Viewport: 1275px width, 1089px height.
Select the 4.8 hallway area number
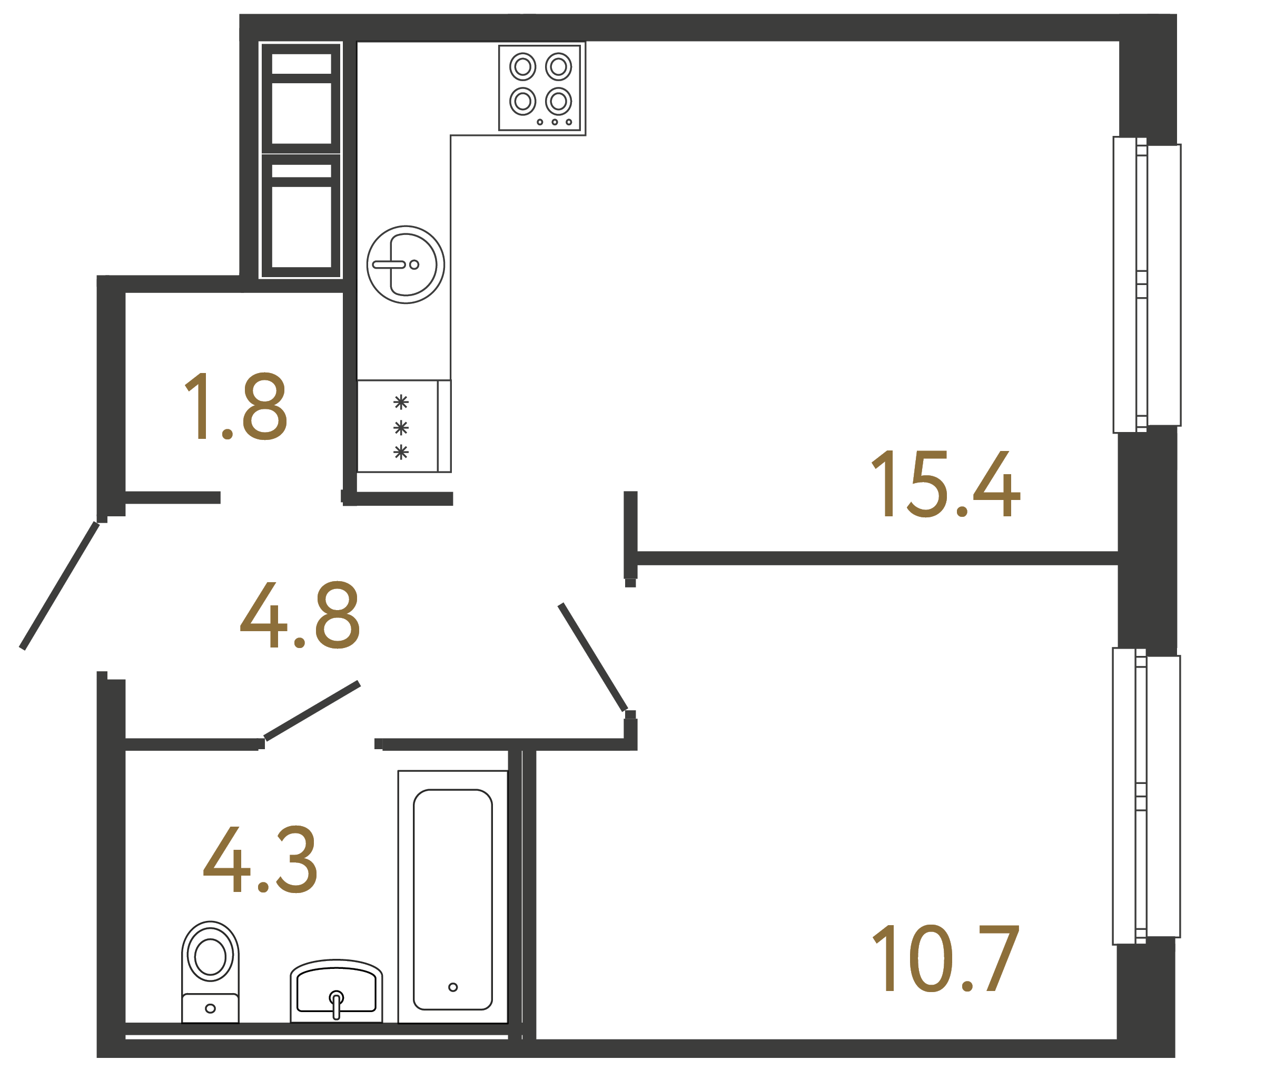pyautogui.click(x=300, y=615)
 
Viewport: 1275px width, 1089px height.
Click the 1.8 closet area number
pyautogui.click(x=236, y=407)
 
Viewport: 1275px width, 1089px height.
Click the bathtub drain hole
pyautogui.click(x=453, y=987)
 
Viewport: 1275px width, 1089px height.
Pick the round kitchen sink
pyautogui.click(x=406, y=264)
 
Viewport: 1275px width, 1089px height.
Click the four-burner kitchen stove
pyautogui.click(x=540, y=87)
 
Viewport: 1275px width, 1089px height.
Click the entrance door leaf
pyautogui.click(x=60, y=585)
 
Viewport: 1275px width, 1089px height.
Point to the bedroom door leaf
pyautogui.click(x=592, y=658)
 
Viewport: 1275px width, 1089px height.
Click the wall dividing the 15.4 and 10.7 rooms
pyautogui.click(x=874, y=558)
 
